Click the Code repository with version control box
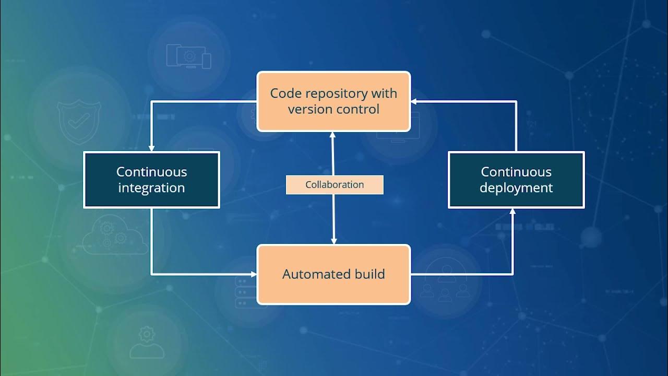(333, 101)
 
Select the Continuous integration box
(151, 180)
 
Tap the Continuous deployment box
(516, 180)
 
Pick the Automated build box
(333, 274)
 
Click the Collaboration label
(335, 185)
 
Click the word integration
(151, 188)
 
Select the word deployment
(516, 188)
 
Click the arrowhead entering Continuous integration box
(151, 148)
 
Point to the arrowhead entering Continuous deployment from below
(512, 211)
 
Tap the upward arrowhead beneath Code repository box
(332, 135)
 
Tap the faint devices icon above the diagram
(188, 56)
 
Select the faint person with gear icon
(147, 342)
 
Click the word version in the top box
(307, 110)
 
